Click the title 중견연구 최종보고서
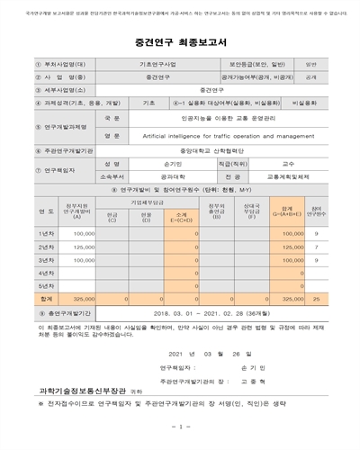180,40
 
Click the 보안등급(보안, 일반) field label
260,64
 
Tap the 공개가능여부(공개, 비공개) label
260,76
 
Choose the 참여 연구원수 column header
330,211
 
